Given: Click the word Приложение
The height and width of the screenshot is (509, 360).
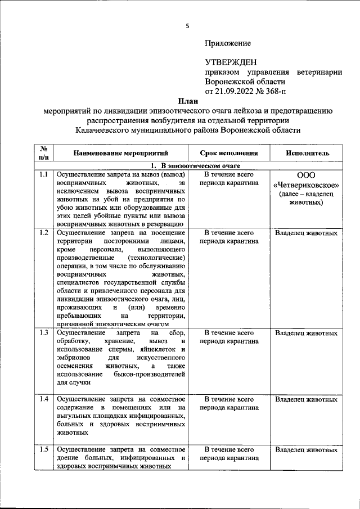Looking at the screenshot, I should coord(227,43).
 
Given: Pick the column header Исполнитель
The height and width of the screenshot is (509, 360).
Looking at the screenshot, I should coord(307,153).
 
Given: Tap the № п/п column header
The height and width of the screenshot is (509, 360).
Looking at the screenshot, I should coord(43,152).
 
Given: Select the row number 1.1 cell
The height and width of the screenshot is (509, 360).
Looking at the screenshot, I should coord(43,175).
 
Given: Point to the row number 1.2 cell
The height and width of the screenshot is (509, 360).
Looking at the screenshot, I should coord(43,232).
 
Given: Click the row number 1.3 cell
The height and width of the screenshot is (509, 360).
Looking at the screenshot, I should coord(43,333).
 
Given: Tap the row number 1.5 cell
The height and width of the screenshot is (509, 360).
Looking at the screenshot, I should coord(43,450).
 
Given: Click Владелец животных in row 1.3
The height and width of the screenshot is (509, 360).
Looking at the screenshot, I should coord(306,333).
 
